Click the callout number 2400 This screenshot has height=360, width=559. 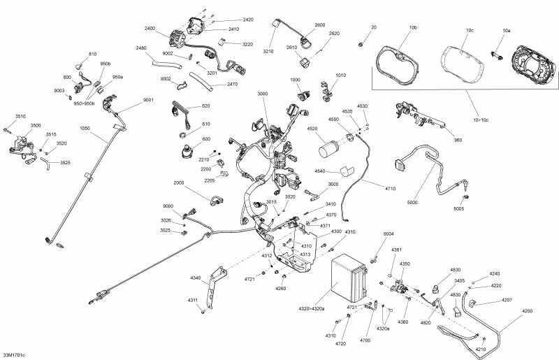[x=149, y=29]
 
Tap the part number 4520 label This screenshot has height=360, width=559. [x=312, y=128]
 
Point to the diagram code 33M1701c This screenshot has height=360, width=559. [x=13, y=355]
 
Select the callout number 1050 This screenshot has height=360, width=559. [x=85, y=128]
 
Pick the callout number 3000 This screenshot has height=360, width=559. [x=262, y=94]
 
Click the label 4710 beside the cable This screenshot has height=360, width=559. [x=389, y=189]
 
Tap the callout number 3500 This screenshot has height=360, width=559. [x=35, y=126]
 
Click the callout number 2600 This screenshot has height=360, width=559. [x=320, y=25]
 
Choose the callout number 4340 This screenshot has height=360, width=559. [x=196, y=278]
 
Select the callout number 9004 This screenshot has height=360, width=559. [x=389, y=233]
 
